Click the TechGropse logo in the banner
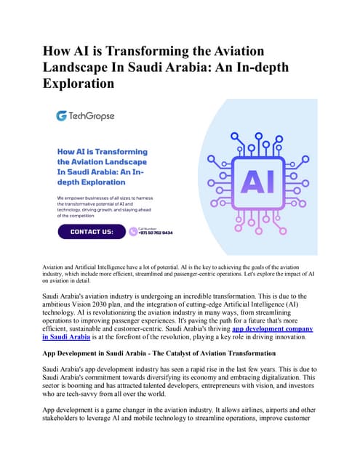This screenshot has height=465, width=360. coord(86,116)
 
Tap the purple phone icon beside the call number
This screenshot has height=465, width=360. coord(133,232)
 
